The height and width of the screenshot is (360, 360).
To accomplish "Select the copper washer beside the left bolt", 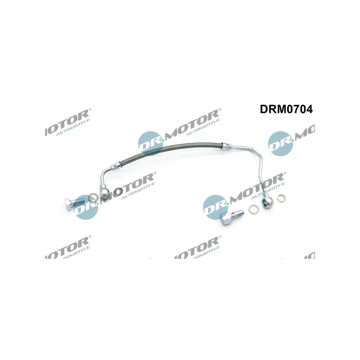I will [92, 197].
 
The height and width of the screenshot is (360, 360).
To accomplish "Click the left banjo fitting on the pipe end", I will [104, 193].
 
